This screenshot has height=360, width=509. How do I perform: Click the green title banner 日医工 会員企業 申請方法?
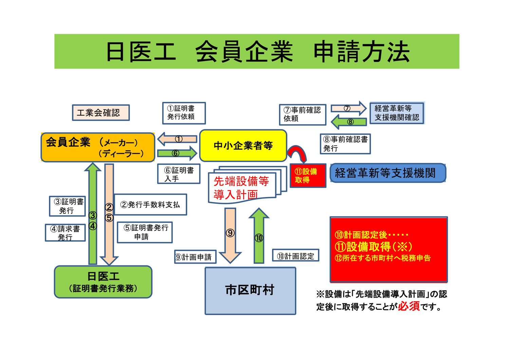point(257,51)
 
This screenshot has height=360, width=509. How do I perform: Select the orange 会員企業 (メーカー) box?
point(98,147)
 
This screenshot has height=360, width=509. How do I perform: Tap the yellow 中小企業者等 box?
point(243,146)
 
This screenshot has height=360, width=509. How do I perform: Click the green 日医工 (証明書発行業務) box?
point(103,282)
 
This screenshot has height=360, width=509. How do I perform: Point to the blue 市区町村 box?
point(250,291)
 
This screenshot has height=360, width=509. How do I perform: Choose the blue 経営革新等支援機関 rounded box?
point(388,173)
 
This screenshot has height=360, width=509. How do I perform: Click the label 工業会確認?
point(101,112)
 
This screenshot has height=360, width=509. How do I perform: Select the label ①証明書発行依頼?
point(184,113)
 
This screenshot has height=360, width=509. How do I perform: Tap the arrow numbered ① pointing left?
point(177,139)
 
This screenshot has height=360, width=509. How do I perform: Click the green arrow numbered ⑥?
point(177,153)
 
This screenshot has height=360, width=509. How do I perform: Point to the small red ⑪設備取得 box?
point(308,176)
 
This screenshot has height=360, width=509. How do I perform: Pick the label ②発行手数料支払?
point(150,204)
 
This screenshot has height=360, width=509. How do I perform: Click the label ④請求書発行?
point(65,233)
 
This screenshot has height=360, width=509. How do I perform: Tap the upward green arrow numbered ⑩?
point(259,236)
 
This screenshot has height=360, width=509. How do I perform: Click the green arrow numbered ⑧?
point(349,122)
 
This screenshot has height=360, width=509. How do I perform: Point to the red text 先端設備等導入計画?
point(241,187)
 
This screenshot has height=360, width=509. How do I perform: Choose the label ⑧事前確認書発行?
point(345,144)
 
